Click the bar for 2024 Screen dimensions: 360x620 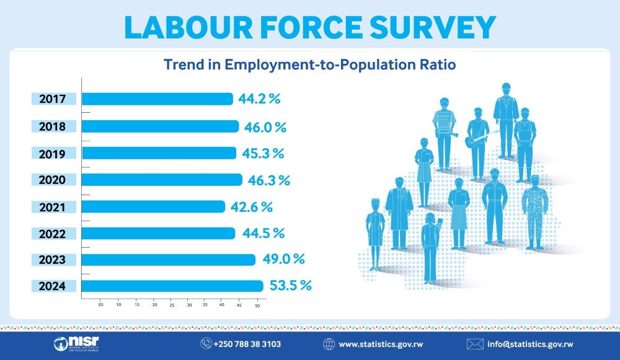pos(172,286)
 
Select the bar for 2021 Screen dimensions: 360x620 pos(153,206)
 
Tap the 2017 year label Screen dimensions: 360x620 pos(54,99)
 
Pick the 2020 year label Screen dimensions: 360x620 pos(54,180)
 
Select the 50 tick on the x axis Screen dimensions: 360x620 pos(257,305)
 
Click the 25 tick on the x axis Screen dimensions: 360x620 pos(171,305)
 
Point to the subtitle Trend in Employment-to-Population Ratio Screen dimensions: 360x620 pos(309,64)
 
